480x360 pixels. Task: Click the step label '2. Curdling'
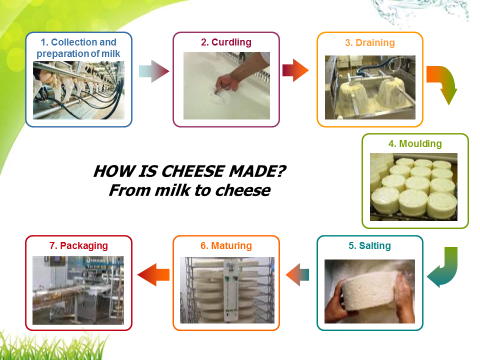(226, 42)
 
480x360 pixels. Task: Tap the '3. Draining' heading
(370, 43)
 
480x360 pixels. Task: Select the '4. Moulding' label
(415, 144)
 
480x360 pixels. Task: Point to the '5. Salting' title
(370, 246)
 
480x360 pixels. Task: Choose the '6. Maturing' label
(226, 246)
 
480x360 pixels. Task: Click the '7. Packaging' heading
(78, 246)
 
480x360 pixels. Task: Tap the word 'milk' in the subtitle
(172, 190)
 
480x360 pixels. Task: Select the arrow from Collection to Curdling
(154, 71)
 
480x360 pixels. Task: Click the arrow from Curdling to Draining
(295, 70)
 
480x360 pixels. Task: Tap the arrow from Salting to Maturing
(297, 275)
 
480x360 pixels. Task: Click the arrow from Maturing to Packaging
(153, 275)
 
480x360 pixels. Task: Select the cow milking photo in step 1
(78, 90)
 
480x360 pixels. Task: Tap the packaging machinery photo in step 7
(78, 290)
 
